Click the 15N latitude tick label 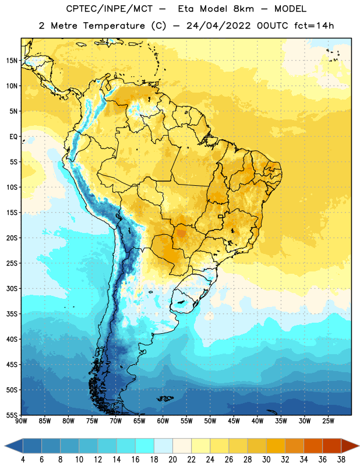point(12,61)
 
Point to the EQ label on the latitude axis point(13,137)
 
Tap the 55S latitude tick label point(12,415)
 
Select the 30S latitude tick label point(12,288)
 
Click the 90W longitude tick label point(21,421)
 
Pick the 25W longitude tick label point(328,421)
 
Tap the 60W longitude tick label point(163,421)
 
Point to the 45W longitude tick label point(234,421)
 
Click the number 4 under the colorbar point(23,460)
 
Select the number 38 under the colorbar point(341,460)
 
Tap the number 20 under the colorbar point(172,460)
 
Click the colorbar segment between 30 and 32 point(276,446)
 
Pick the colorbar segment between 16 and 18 point(145,446)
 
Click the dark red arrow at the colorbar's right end point(350,446)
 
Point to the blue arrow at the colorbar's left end point(13,446)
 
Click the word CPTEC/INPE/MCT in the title point(109,9)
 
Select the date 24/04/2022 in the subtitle point(218,26)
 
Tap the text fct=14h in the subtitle point(314,26)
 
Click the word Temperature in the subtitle point(114,26)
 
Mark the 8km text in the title point(243,9)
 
